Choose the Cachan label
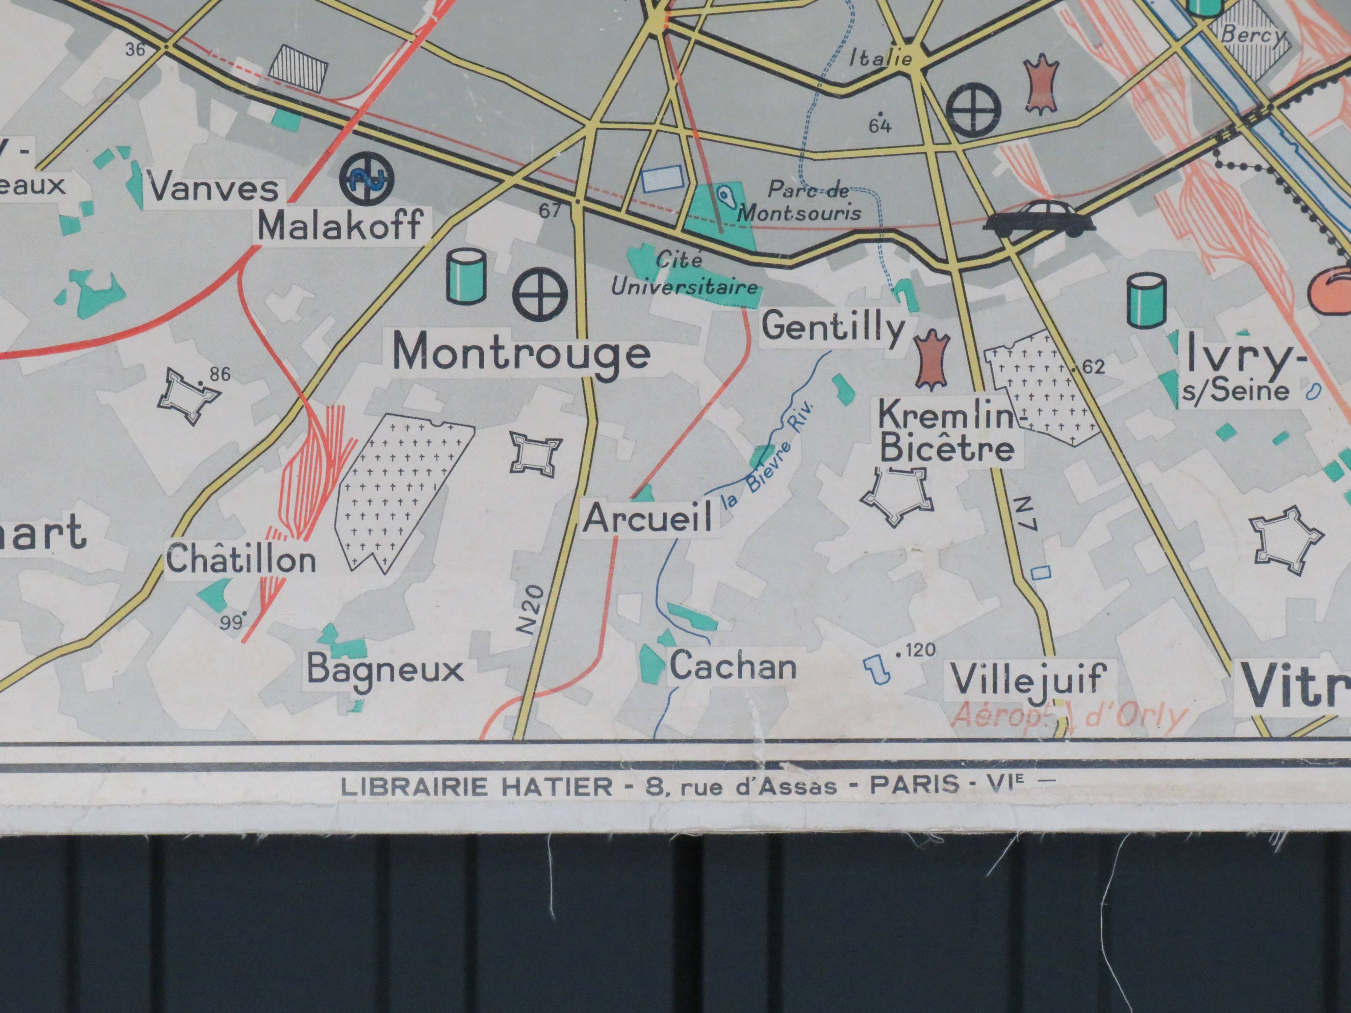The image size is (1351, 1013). coord(733,666)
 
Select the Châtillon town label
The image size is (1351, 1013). coord(241,559)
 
